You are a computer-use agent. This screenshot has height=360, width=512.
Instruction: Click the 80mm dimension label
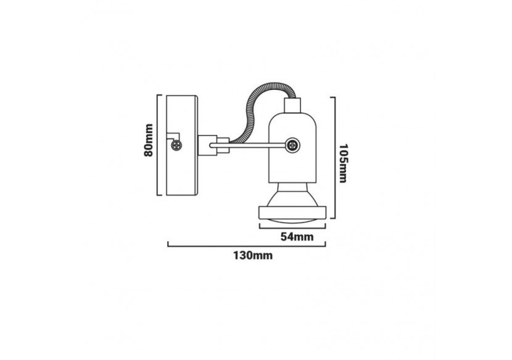pos(148,141)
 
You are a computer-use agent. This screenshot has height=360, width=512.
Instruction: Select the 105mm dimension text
pos(343,160)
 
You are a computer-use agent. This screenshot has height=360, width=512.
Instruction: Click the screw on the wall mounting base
pos(178,146)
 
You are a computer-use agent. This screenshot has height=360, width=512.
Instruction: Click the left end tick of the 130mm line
pos(169,245)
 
